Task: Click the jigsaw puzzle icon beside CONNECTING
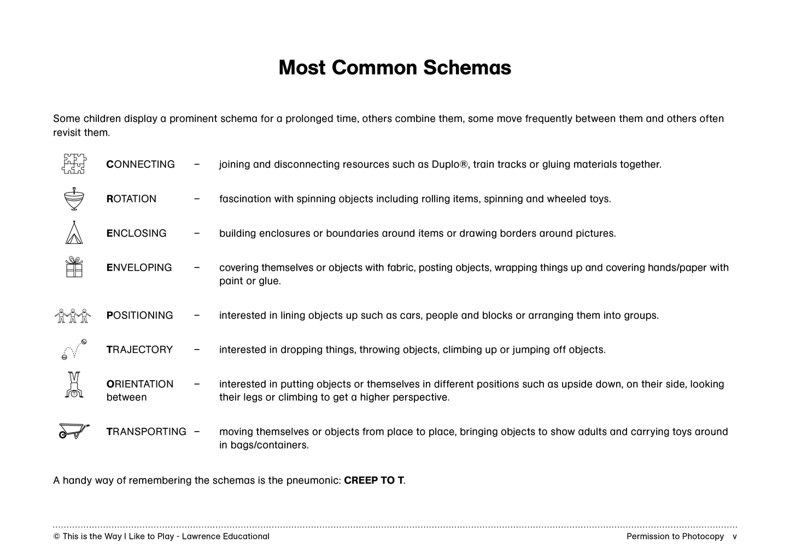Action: coord(74,164)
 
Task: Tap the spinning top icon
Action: coord(74,199)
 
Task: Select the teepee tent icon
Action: coord(74,233)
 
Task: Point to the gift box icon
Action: coord(74,267)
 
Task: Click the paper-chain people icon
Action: coord(72,316)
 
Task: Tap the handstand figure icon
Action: coord(74,385)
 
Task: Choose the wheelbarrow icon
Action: coord(73,431)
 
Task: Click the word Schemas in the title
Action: coord(467,68)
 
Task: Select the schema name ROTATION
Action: coord(131,199)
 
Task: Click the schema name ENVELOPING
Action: coord(139,267)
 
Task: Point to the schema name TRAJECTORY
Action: coord(139,350)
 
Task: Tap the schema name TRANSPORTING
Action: coord(146,432)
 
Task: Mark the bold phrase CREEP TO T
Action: coord(374,480)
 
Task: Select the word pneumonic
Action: coord(313,480)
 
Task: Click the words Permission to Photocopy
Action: coord(675,536)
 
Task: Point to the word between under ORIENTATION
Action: coord(126,397)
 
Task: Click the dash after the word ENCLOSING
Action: coord(197,233)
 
